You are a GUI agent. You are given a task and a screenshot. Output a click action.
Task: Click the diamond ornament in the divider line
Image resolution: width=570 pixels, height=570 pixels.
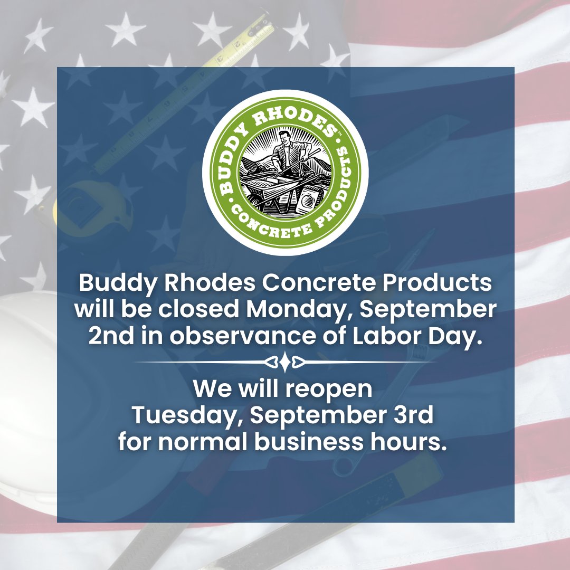coord(285,363)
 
